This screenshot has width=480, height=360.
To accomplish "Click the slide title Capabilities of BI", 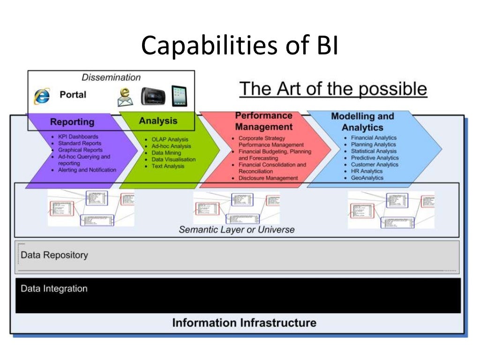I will (x=240, y=45).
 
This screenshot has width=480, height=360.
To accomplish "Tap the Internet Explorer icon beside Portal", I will (x=42, y=96).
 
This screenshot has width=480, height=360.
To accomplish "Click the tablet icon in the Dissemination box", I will (x=179, y=95).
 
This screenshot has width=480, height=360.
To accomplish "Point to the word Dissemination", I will (x=111, y=77).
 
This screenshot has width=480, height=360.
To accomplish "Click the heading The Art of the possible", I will (x=333, y=89).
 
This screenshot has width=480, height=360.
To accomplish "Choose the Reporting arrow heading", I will (x=72, y=122).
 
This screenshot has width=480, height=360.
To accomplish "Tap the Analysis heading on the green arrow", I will (x=158, y=121).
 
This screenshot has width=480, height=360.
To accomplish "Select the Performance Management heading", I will (x=263, y=121).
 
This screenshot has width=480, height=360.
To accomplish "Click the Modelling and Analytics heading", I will (x=362, y=122).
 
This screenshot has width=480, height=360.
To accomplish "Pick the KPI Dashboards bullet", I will (x=78, y=137).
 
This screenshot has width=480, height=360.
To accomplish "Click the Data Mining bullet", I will (x=166, y=153).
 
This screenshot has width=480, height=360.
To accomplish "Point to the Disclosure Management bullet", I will (x=268, y=178).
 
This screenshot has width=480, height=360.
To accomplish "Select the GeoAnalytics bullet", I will (x=367, y=178).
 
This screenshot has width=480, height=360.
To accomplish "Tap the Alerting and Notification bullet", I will (x=87, y=170).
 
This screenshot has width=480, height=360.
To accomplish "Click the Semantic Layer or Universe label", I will (x=237, y=230).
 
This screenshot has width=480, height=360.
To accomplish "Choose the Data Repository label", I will (x=54, y=255).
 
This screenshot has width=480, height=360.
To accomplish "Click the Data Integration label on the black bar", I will (x=54, y=289).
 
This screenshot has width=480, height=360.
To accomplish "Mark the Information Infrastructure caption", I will (x=244, y=323).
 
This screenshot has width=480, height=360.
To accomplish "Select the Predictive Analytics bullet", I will (x=375, y=158).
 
